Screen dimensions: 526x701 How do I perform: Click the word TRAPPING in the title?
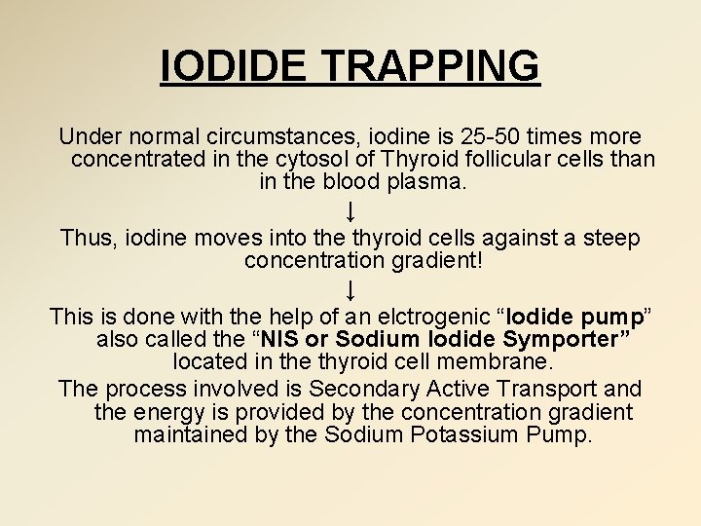pos(429,66)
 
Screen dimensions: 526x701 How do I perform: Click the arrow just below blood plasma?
pos(350,209)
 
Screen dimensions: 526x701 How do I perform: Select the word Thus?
pos(89,238)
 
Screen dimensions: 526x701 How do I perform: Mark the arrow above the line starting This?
pos(350,289)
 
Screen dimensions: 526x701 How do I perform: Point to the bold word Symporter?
pos(564,339)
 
